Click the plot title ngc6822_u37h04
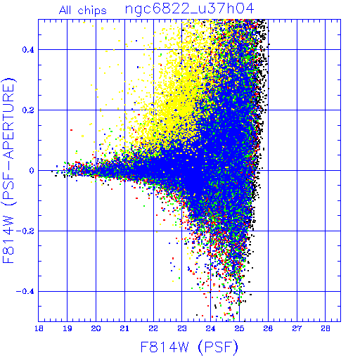(190, 9)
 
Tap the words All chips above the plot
(83, 11)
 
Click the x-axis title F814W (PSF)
(189, 347)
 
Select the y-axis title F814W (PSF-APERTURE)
(9, 170)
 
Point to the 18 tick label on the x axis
(39, 328)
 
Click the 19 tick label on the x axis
(67, 328)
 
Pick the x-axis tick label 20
(96, 328)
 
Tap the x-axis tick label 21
(124, 328)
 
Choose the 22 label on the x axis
(153, 328)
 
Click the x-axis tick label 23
(182, 328)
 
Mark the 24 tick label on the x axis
(210, 328)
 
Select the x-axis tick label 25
(239, 328)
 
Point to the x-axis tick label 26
(268, 328)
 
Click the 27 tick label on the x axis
(297, 328)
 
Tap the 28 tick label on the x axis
(326, 328)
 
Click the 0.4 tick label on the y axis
(28, 50)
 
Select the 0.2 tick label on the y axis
(28, 110)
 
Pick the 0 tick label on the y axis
(32, 171)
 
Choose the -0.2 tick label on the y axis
(25, 231)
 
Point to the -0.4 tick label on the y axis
(25, 292)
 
